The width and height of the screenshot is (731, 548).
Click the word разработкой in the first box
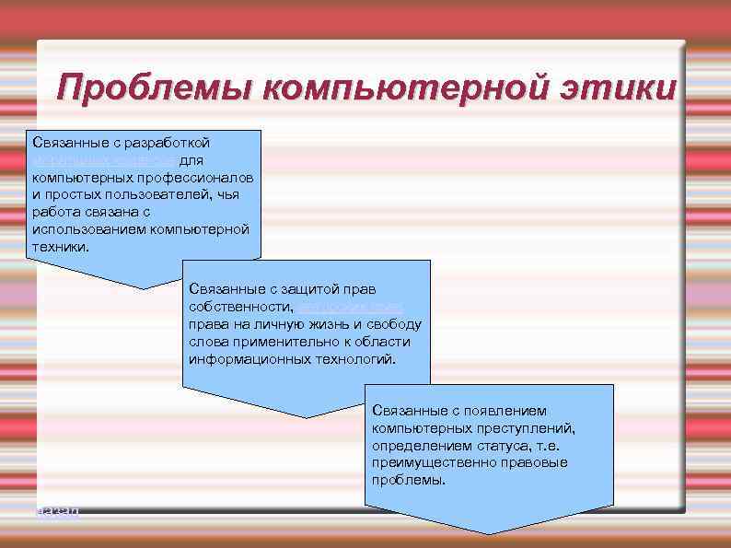coord(172,143)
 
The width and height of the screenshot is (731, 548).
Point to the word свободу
coord(395,323)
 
